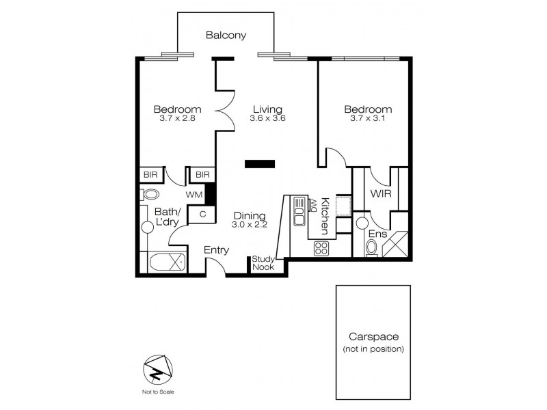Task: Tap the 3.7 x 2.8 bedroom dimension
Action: [177, 118]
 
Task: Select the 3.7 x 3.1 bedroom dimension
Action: [367, 118]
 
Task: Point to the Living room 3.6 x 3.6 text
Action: [267, 118]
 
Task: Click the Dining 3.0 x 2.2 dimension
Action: [248, 224]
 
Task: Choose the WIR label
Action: [380, 194]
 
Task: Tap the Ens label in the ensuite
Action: [377, 234]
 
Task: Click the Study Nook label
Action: [263, 263]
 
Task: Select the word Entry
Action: [217, 250]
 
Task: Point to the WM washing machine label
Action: [195, 195]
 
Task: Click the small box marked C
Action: [203, 215]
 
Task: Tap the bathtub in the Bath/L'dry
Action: [167, 262]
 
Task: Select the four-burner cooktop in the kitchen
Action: [321, 249]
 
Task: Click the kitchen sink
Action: [299, 211]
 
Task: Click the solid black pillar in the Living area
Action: [260, 163]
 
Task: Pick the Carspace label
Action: [373, 337]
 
